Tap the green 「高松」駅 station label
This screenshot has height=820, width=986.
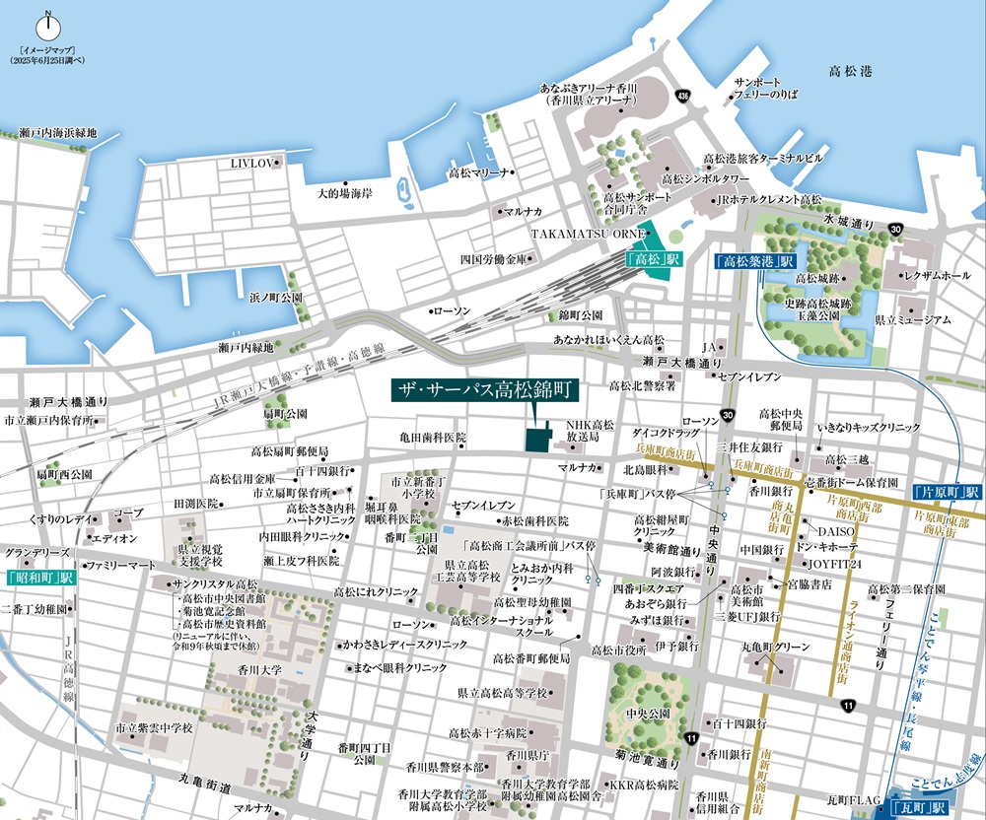point(654,260)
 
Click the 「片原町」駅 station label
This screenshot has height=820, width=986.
point(946,491)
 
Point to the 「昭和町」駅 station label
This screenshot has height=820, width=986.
point(39,577)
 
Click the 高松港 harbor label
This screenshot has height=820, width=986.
point(849,71)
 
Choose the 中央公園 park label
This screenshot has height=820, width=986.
point(647,713)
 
